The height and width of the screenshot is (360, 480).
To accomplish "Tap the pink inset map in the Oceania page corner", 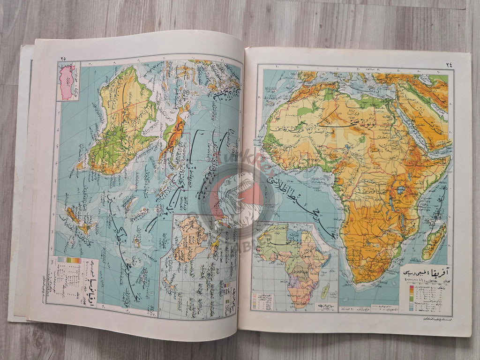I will [x=67, y=82].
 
